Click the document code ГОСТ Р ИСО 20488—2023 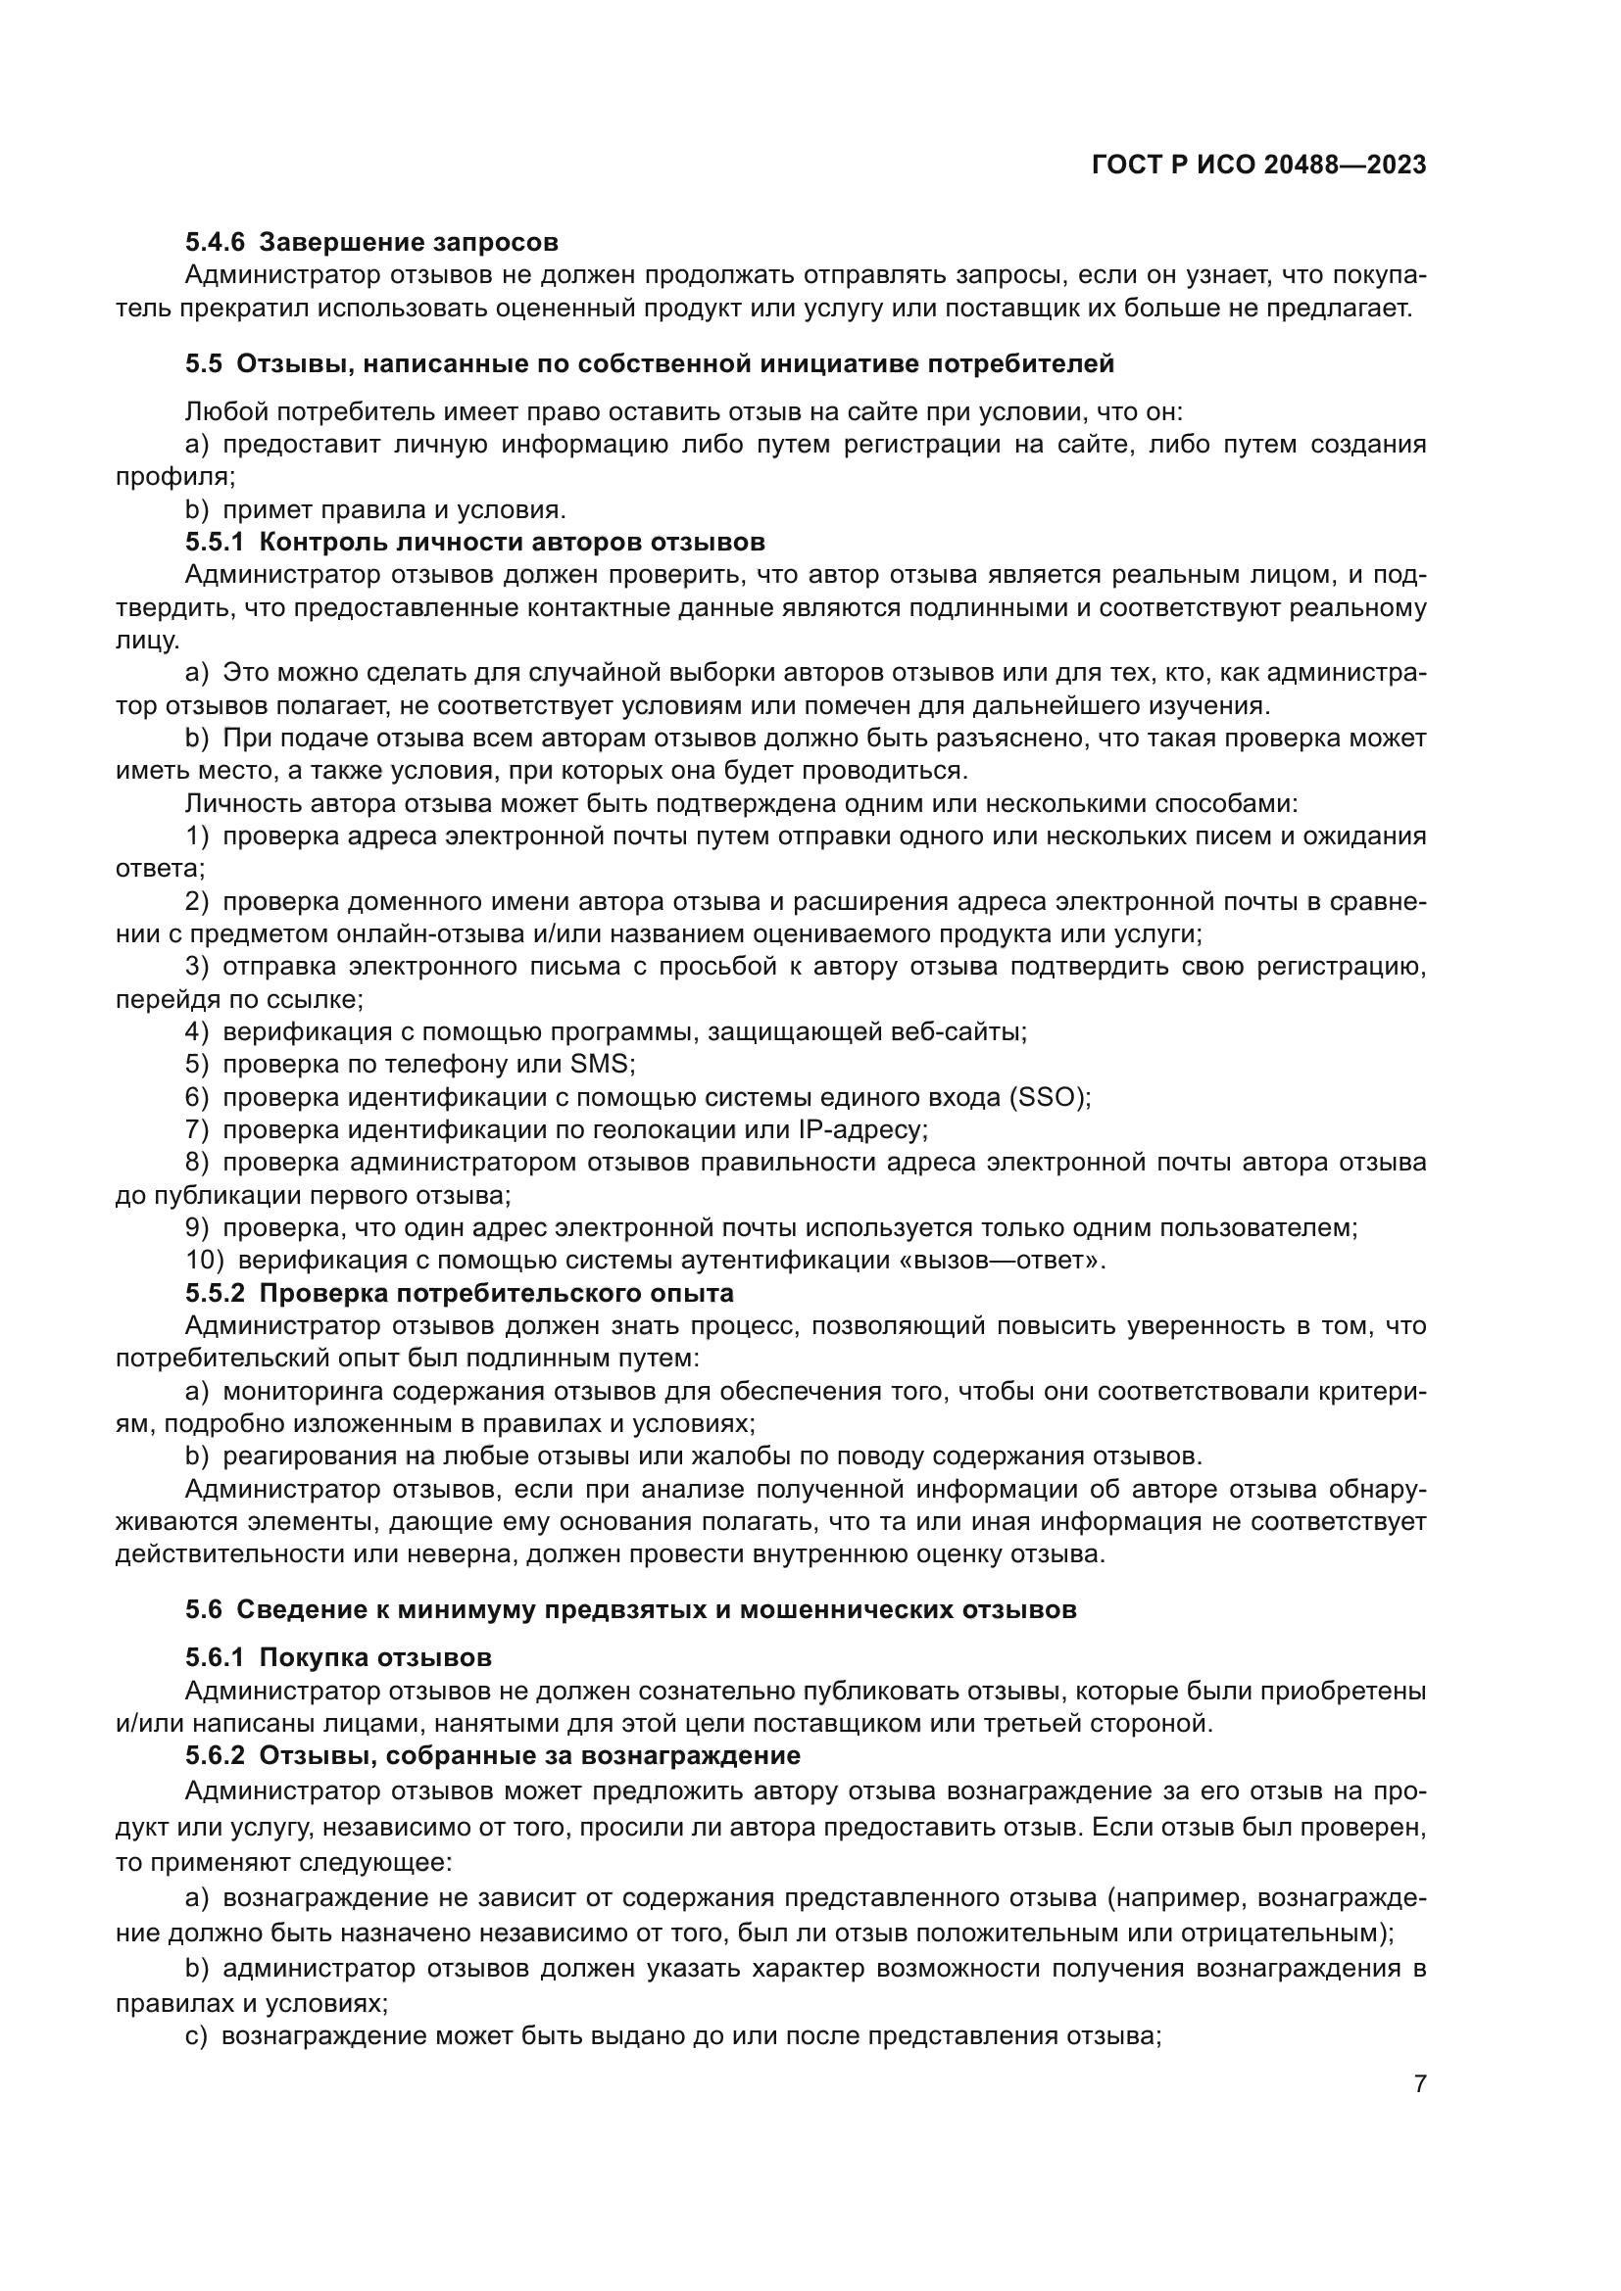(x=1258, y=166)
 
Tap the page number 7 (x=1419, y=2083)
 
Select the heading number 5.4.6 (x=215, y=243)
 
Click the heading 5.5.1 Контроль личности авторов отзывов (x=475, y=542)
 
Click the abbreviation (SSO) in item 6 (x=1048, y=1097)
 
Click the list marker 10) (x=205, y=1261)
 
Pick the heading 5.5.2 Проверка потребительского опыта (x=459, y=1293)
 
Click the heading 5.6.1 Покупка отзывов (x=338, y=1657)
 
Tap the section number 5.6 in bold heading (x=204, y=1609)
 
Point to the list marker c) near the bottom (x=196, y=2035)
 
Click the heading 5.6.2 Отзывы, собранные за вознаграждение (x=492, y=1755)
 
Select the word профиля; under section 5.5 (x=175, y=477)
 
